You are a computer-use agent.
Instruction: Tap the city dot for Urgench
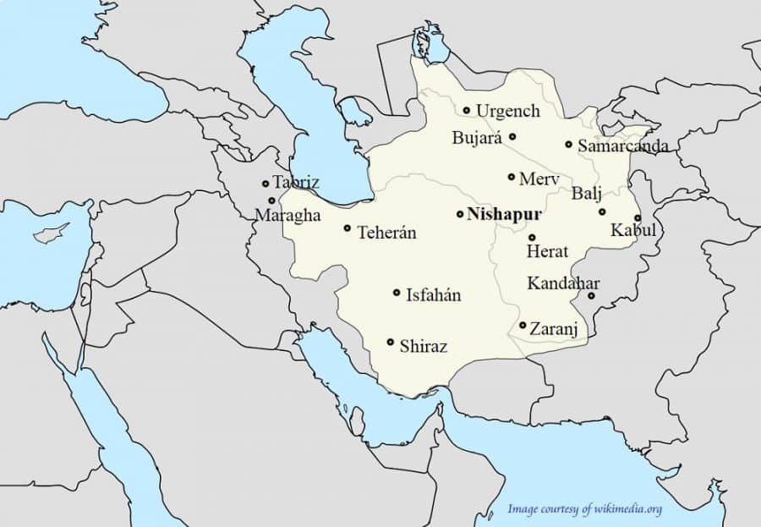click(x=466, y=110)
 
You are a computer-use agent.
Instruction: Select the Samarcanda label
click(x=622, y=146)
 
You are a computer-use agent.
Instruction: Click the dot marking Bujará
click(x=512, y=136)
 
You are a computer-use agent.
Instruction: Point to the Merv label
click(x=539, y=179)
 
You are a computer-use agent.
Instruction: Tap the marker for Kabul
click(x=638, y=217)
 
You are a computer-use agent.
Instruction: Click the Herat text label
click(x=547, y=252)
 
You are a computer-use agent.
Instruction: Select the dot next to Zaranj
click(x=523, y=325)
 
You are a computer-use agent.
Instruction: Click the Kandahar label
click(x=563, y=283)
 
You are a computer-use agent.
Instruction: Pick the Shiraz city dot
click(x=390, y=342)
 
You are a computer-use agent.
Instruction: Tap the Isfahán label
click(x=434, y=295)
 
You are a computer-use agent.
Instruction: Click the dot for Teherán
click(x=347, y=228)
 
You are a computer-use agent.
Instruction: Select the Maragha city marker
click(x=271, y=200)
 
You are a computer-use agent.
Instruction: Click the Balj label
click(x=587, y=194)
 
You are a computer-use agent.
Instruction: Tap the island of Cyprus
click(x=48, y=234)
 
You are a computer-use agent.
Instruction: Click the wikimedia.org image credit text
click(x=584, y=508)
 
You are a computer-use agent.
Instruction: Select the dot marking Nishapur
click(x=459, y=214)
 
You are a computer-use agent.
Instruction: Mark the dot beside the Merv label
click(x=511, y=177)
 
